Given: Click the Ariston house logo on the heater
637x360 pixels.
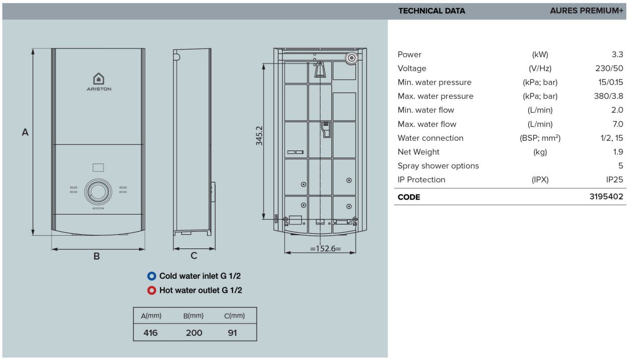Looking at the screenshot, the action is [x=99, y=79].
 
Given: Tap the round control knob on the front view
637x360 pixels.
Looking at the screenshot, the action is [x=98, y=192].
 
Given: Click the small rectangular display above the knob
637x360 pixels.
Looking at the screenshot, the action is [x=99, y=167].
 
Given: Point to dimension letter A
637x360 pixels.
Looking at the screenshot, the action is [x=25, y=132].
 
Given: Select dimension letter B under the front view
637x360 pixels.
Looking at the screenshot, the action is [x=96, y=256].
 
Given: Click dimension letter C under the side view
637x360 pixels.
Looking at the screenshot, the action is [x=194, y=255].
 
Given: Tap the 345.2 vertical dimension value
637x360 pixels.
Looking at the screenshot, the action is [x=259, y=136].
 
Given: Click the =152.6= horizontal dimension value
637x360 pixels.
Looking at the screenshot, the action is [x=325, y=248].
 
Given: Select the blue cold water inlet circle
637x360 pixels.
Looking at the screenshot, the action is [x=152, y=276].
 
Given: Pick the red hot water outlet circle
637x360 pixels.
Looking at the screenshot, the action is [x=152, y=290].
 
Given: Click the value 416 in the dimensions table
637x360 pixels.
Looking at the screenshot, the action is [x=151, y=333].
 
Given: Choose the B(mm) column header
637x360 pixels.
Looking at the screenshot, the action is [x=193, y=316].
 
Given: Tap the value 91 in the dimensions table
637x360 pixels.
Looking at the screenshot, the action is [x=232, y=333].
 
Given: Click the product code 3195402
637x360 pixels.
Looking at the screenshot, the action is [x=606, y=196].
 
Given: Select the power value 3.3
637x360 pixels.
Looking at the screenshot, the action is [x=617, y=54].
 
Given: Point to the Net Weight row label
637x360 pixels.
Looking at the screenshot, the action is [x=418, y=152].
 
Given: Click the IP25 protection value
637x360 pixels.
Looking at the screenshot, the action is [x=615, y=180].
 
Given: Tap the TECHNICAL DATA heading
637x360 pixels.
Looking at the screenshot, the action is [x=432, y=11].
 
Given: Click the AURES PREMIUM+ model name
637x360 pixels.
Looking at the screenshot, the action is [x=586, y=11].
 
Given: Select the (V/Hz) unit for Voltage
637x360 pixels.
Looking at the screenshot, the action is [x=540, y=69].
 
